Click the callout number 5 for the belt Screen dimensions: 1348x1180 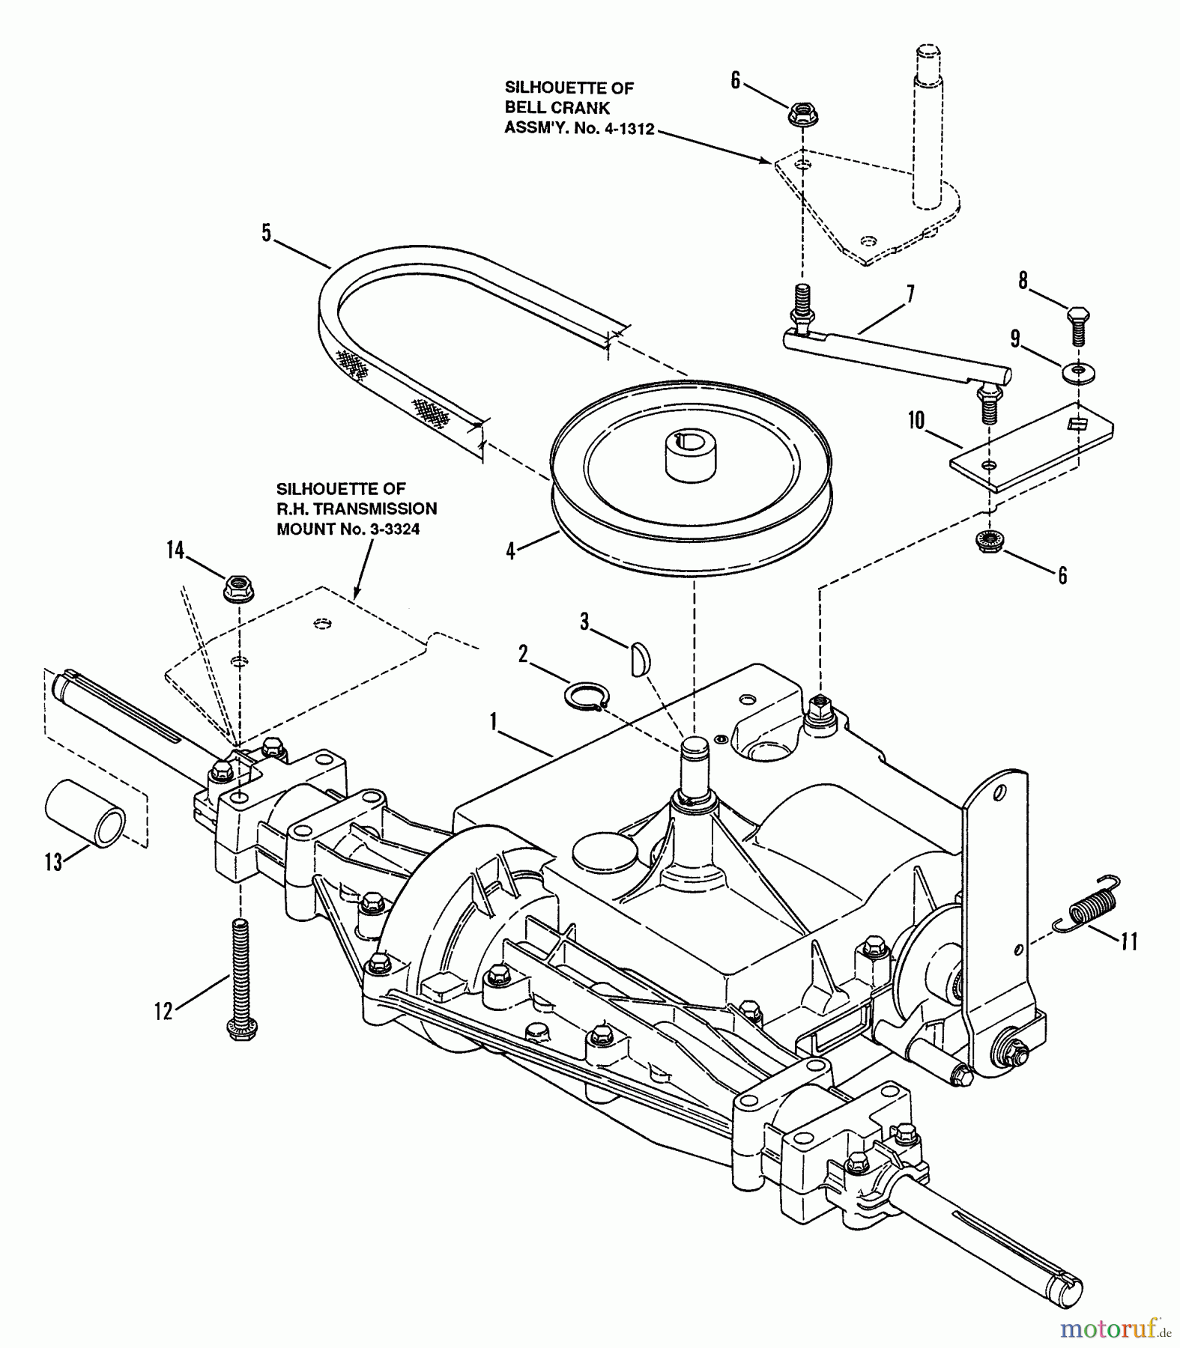tap(266, 232)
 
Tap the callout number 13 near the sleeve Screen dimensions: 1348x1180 tap(53, 862)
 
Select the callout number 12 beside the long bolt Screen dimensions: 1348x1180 tap(163, 1012)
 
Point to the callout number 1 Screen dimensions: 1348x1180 tap(494, 722)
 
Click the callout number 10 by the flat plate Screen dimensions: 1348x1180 tap(916, 421)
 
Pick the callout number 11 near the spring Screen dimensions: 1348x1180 tap(1129, 941)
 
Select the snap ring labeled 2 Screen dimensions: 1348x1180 tap(586, 696)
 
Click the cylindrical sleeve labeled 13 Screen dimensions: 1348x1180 tap(85, 812)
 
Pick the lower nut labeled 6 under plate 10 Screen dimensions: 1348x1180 tap(990, 541)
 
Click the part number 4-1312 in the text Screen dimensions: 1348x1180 tap(625, 128)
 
